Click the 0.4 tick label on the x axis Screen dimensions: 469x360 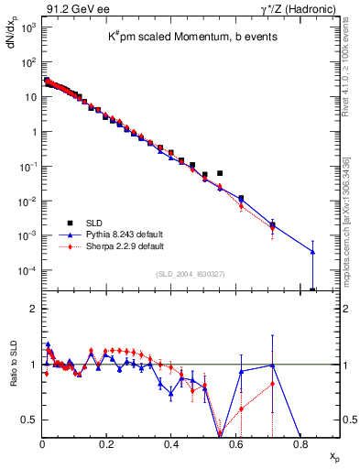(171, 445)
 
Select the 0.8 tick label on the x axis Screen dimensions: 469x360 (300, 445)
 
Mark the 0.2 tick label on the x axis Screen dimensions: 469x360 (107, 445)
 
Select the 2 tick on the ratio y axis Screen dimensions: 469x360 (34, 309)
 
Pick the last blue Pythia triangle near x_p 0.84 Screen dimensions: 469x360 (312, 252)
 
